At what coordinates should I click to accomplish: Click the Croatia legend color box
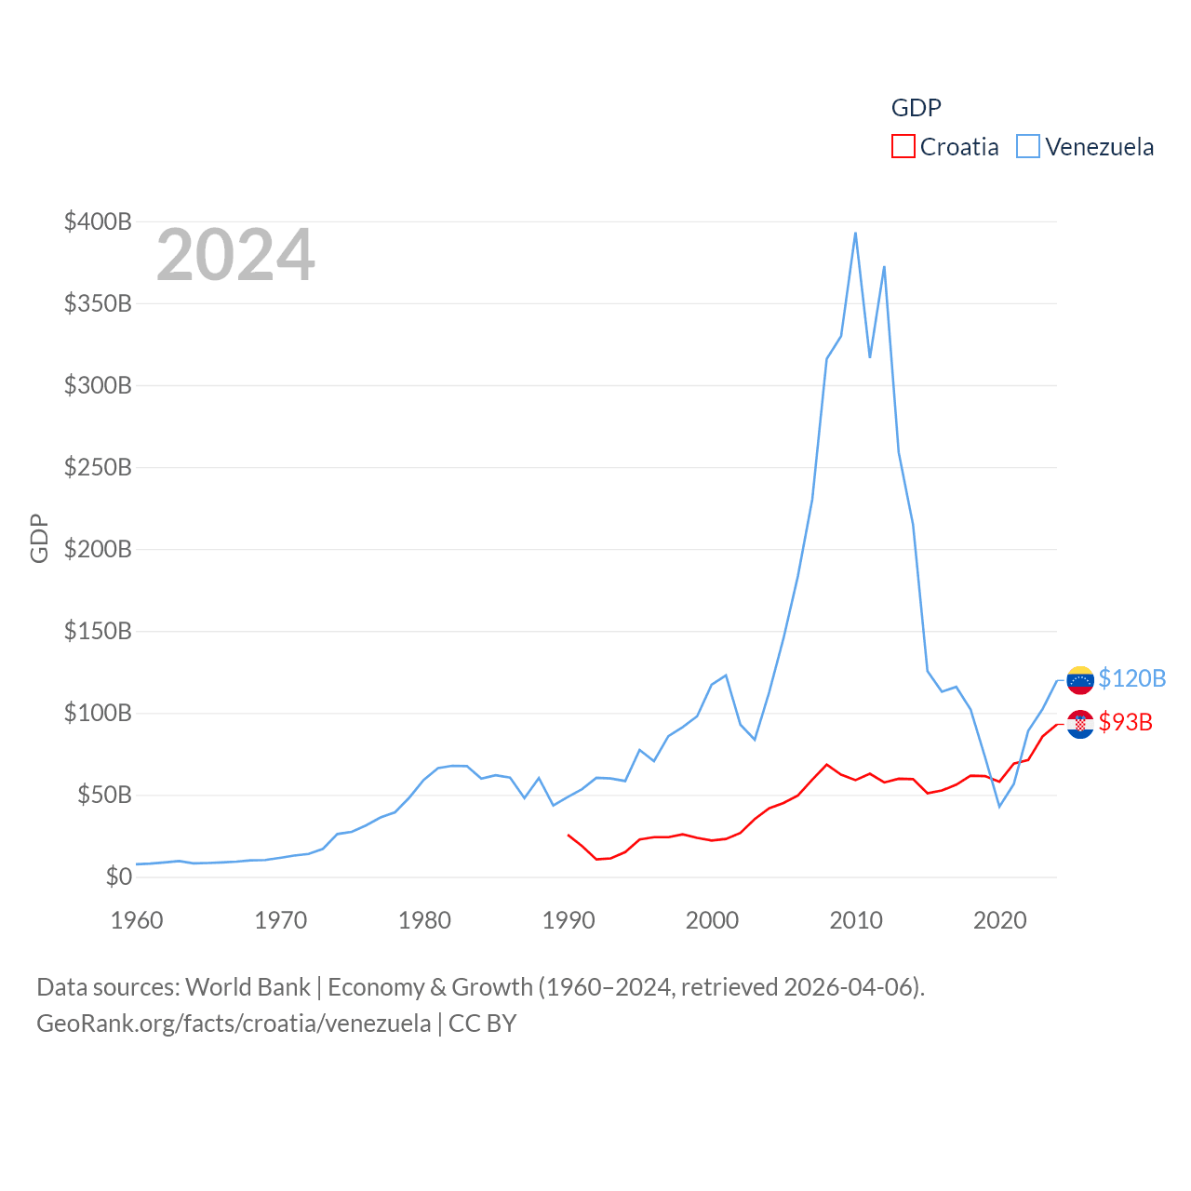pos(903,147)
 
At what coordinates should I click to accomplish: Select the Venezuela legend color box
pos(1027,147)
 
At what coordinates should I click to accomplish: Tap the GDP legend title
pos(916,108)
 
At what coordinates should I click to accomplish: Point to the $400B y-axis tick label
pos(98,221)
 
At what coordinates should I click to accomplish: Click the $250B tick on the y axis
pos(98,467)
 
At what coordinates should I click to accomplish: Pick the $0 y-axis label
pos(118,877)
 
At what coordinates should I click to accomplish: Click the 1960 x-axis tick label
pos(137,920)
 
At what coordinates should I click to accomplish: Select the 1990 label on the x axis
pos(569,920)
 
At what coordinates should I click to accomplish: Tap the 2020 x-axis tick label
pos(999,920)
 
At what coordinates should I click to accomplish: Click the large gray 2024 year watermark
pos(235,255)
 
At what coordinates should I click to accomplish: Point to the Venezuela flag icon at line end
pos(1080,680)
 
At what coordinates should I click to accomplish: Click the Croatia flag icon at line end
pos(1080,724)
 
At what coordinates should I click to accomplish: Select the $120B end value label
pos(1131,678)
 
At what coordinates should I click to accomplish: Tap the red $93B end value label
pos(1125,722)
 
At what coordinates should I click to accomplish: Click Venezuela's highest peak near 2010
pos(855,233)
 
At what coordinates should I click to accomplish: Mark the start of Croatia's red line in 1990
pos(569,835)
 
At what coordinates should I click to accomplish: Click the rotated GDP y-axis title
pos(39,538)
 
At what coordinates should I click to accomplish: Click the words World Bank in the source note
pos(248,986)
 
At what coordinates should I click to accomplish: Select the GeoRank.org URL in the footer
pos(234,1024)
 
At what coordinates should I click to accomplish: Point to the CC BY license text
pos(482,1024)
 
